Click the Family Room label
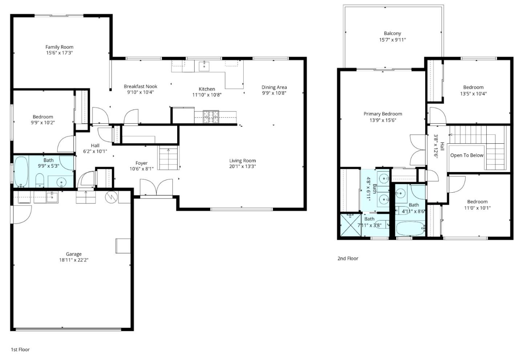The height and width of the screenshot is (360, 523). tap(59, 47)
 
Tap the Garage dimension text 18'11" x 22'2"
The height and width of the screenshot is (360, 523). tap(74, 260)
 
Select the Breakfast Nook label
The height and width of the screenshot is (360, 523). tap(140, 86)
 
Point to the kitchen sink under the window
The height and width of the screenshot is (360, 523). tap(204, 66)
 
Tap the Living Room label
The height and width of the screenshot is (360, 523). tap(242, 160)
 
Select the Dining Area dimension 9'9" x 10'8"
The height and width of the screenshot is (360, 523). tap(274, 93)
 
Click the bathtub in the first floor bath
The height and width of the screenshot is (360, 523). tap(21, 171)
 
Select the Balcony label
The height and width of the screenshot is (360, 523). tap(392, 33)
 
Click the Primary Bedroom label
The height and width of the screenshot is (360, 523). tap(382, 114)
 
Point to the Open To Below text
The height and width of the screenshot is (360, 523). tap(467, 155)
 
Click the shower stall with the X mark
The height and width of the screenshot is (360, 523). tap(349, 226)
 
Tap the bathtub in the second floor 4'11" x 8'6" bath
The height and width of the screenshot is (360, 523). tap(410, 229)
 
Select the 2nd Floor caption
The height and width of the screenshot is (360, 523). tap(348, 258)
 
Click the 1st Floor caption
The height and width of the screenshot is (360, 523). tap(20, 349)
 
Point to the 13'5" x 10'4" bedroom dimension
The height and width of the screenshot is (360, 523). tap(473, 93)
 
